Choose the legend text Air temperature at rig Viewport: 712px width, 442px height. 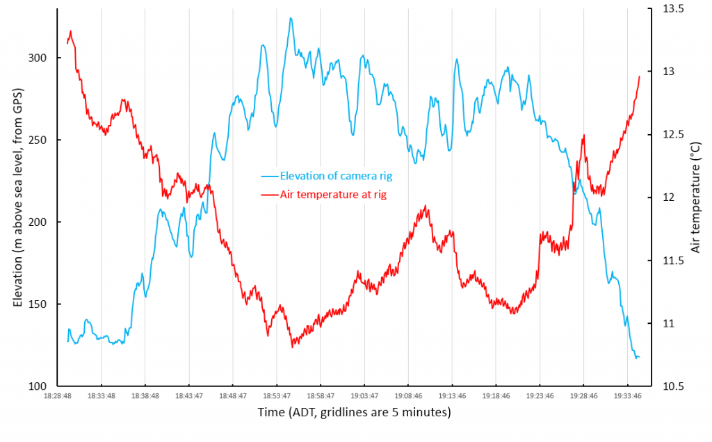click(x=333, y=195)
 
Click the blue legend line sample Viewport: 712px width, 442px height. click(x=269, y=176)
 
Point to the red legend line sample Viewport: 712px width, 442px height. click(x=269, y=195)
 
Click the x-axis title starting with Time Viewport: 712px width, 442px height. click(x=355, y=412)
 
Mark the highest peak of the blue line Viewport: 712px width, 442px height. click(x=291, y=18)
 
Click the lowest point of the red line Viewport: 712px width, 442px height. click(x=293, y=346)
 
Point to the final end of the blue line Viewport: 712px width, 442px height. click(x=639, y=357)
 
